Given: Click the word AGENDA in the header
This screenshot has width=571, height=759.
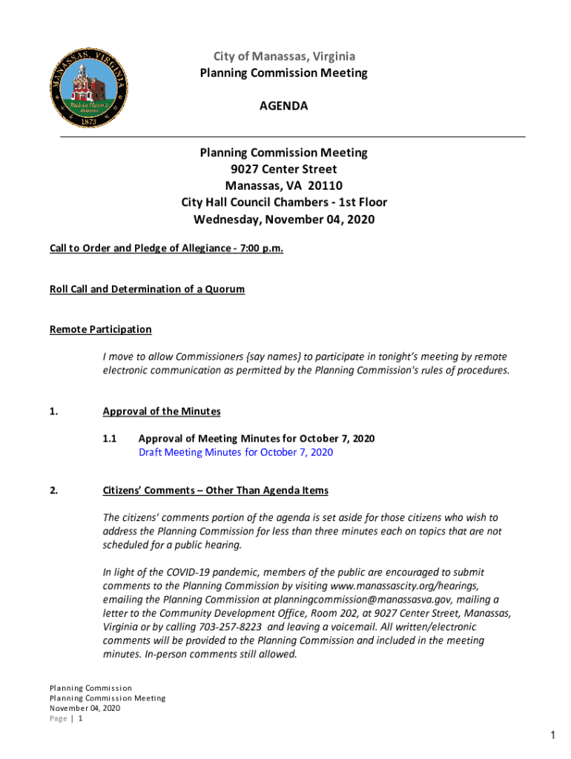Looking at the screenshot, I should tap(283, 106).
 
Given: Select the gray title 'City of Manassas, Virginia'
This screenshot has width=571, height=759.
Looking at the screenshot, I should tap(284, 56).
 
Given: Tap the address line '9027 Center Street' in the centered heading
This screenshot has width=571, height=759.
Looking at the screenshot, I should tap(283, 169).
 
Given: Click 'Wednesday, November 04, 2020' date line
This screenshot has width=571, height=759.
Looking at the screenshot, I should tap(283, 219).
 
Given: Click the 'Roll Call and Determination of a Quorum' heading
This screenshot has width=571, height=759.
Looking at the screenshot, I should tap(147, 289).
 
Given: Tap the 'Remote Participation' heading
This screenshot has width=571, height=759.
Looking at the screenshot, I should tap(100, 329).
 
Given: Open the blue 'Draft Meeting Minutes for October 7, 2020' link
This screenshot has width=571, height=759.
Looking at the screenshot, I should tap(236, 452).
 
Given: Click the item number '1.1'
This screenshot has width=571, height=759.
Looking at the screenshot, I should tap(110, 439).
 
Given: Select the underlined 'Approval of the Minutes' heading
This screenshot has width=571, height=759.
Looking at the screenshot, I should tap(162, 411).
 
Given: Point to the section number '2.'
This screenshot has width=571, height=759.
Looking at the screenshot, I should tap(54, 491).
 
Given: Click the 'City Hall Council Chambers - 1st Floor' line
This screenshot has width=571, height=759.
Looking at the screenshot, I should tap(283, 202).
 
